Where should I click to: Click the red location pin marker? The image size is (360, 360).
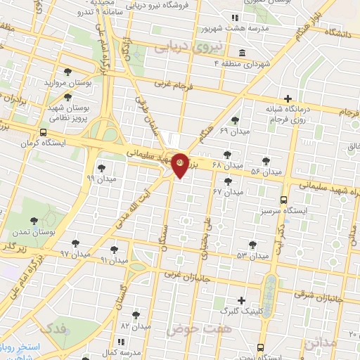pyautogui.click(x=180, y=165)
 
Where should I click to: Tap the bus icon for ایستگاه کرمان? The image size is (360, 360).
pyautogui.click(x=44, y=132)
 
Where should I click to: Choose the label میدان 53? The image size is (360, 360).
pyautogui.click(x=254, y=256)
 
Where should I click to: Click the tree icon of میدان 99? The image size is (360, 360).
pyautogui.click(x=102, y=168)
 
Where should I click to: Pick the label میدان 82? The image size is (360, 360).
pyautogui.click(x=136, y=326)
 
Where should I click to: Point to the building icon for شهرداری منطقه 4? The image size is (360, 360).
pyautogui.click(x=242, y=53)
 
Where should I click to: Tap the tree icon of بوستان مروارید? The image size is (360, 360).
pyautogui.click(x=67, y=72)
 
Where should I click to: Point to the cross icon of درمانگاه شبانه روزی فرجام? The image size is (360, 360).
pyautogui.click(x=287, y=98)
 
